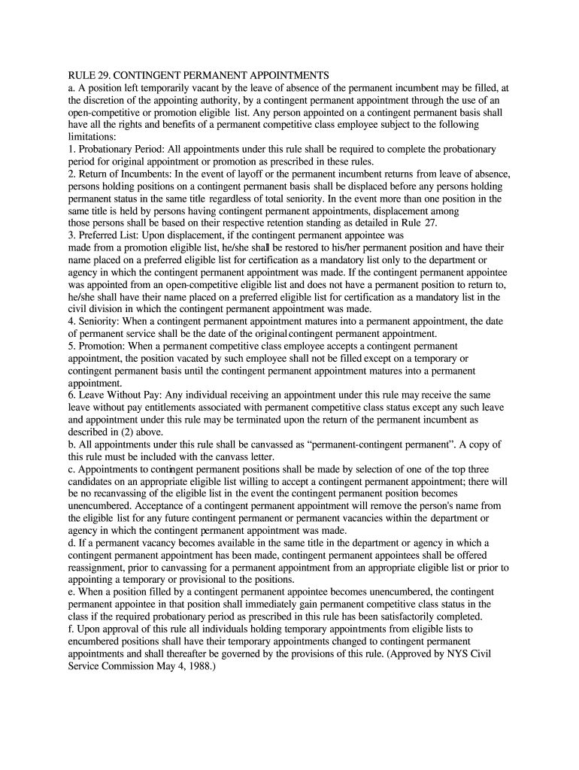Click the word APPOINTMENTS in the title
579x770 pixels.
click(x=281, y=76)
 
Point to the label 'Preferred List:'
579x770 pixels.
click(x=108, y=235)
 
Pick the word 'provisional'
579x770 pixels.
click(x=224, y=579)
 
